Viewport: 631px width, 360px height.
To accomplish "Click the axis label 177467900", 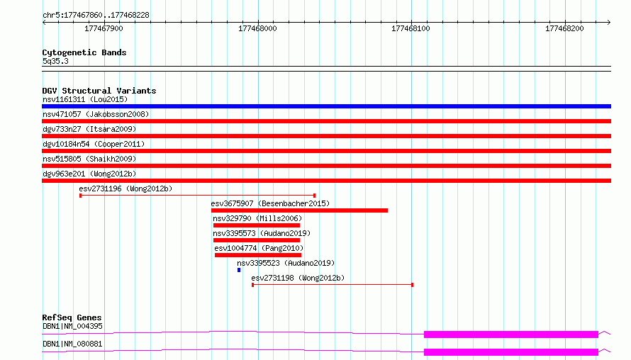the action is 104,28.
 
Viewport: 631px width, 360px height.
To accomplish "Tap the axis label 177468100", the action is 411,28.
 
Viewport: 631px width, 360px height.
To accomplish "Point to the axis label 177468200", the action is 564,28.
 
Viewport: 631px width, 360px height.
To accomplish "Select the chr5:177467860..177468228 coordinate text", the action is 96,15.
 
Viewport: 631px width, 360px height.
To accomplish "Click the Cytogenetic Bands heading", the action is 84,52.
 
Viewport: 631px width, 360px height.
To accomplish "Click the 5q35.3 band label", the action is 55,61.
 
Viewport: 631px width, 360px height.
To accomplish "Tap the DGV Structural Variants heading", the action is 99,91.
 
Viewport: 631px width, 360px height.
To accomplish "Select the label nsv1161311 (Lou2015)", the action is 85,99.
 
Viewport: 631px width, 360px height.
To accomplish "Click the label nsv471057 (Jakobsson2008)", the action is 96,114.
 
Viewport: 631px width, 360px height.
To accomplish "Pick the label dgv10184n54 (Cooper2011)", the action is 94,144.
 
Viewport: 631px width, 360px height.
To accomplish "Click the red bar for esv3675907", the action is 299,210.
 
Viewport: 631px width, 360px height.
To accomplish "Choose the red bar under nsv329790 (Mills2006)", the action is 257,225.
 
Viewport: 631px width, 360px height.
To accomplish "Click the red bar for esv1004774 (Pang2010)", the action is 258,255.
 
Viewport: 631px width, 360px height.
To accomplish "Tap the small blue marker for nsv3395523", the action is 239,270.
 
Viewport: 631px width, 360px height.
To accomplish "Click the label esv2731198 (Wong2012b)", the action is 298,278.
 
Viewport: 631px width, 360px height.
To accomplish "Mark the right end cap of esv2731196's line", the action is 314,196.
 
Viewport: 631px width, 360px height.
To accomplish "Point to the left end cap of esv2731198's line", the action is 252,285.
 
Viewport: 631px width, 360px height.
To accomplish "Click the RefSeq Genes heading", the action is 72,317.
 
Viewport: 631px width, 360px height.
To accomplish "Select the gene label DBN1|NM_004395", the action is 72,326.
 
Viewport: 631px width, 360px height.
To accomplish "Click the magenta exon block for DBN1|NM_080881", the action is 511,352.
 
